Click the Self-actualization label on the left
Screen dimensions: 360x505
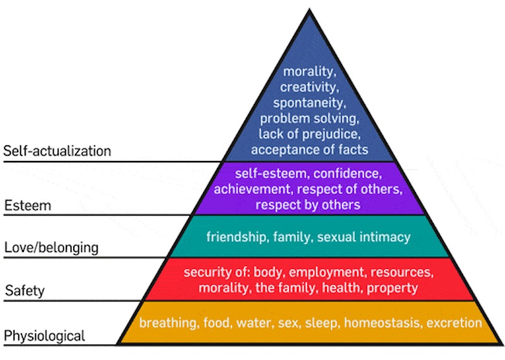57,152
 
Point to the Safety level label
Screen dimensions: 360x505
26,291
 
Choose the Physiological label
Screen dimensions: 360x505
44,335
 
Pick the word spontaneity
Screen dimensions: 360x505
309,102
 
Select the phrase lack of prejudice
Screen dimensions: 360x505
309,134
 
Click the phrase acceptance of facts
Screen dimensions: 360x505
309,150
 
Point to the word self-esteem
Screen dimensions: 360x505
266,173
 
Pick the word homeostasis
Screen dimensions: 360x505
383,323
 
